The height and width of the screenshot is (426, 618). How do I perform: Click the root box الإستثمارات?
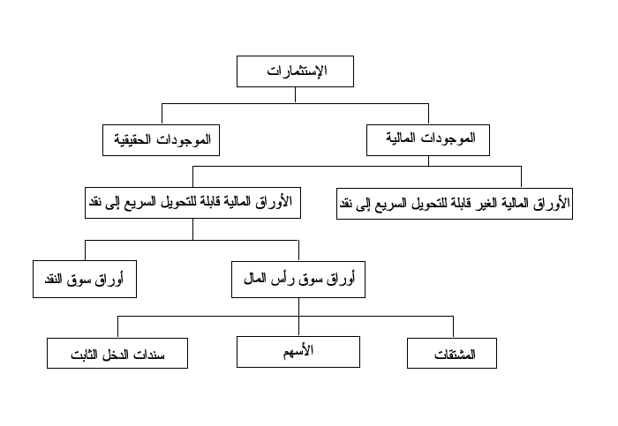[295, 71]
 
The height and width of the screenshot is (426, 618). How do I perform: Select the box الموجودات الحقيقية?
[161, 140]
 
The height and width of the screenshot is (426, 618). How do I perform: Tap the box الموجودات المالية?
[428, 140]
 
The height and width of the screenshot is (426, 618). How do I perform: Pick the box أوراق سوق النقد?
[85, 279]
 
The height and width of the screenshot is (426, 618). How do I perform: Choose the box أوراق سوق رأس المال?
[298, 280]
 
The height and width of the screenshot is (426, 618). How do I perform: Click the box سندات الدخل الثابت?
[117, 353]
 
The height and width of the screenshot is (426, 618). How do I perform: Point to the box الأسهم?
[298, 352]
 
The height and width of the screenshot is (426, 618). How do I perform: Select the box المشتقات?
[452, 353]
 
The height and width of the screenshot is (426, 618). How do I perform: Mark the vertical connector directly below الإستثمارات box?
[295, 95]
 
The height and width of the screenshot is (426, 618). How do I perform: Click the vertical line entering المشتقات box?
[453, 327]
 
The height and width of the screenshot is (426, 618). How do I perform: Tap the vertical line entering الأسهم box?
[298, 326]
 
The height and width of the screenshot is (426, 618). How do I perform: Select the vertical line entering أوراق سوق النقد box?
[85, 250]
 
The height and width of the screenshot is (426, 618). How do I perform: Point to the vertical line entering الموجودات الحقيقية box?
[162, 114]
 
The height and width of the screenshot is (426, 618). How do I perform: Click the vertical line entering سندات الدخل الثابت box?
[117, 327]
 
